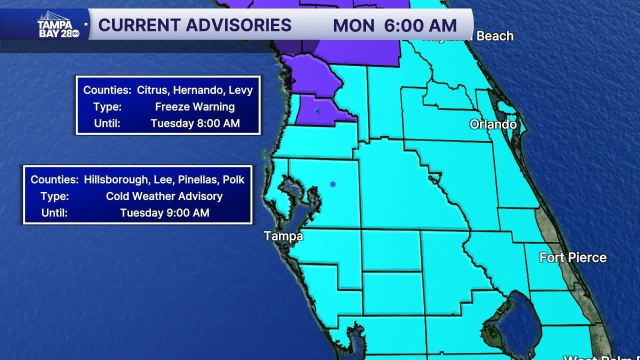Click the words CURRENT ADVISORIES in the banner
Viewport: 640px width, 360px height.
pyautogui.click(x=195, y=25)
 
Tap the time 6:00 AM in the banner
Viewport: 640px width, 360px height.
pyautogui.click(x=420, y=25)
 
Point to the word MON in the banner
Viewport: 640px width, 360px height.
pyautogui.click(x=353, y=25)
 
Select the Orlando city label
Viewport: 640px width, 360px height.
pyautogui.click(x=493, y=124)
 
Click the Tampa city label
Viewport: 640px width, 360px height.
pyautogui.click(x=283, y=235)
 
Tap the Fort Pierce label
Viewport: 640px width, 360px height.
pyautogui.click(x=573, y=257)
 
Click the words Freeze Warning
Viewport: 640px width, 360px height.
pyautogui.click(x=194, y=106)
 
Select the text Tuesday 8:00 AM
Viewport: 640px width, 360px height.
pyautogui.click(x=195, y=123)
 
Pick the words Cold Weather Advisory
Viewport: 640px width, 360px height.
pyautogui.click(x=164, y=196)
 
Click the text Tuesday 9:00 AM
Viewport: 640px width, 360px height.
pyautogui.click(x=164, y=213)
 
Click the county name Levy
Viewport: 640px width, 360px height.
pyautogui.click(x=241, y=90)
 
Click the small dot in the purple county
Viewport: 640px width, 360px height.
pyautogui.click(x=317, y=111)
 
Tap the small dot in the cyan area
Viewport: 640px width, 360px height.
pyautogui.click(x=333, y=184)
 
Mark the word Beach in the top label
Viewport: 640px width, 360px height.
pyautogui.click(x=495, y=36)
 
